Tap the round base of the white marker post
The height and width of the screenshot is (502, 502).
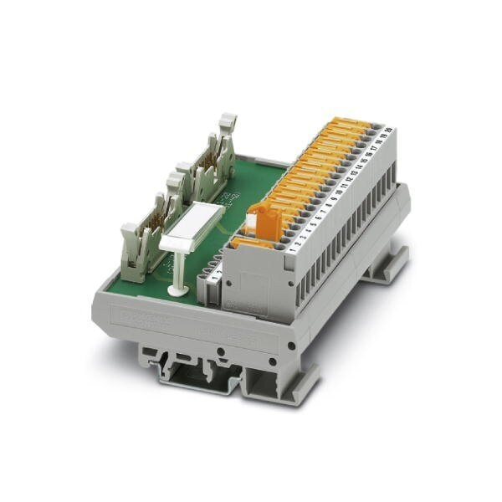point(177,290)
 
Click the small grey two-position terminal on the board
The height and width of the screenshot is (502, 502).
point(209,281)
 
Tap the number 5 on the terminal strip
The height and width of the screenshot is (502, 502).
point(313,222)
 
